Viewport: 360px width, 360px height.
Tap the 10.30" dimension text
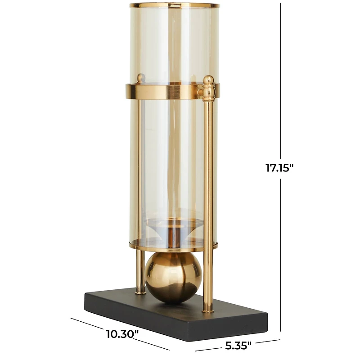(x=122, y=334)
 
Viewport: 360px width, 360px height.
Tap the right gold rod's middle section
(x=208, y=189)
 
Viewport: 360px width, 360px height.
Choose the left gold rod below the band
(x=139, y=180)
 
